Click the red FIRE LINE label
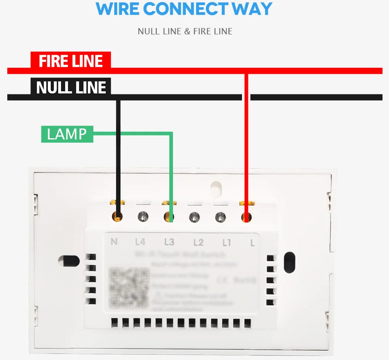[x=71, y=61]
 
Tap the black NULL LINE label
[x=71, y=87]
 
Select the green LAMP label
[x=67, y=134]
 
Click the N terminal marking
[x=114, y=242]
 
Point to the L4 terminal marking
[x=140, y=242]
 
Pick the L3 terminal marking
[x=169, y=242]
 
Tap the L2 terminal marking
[x=198, y=242]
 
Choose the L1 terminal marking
[x=227, y=242]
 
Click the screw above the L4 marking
[x=142, y=216]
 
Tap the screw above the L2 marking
[x=194, y=217]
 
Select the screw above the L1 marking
[x=220, y=216]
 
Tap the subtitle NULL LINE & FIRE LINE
[x=185, y=31]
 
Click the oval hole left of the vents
[x=69, y=261]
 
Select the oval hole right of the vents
[x=290, y=261]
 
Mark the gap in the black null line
[x=246, y=97]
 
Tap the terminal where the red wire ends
[x=246, y=217]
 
